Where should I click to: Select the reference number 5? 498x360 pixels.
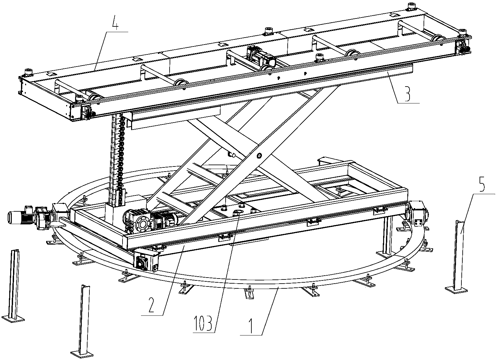(x=481, y=184)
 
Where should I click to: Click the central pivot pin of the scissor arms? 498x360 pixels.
(x=259, y=156)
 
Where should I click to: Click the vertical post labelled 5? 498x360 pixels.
(x=458, y=256)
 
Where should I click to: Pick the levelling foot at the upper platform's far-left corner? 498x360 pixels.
(x=28, y=72)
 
